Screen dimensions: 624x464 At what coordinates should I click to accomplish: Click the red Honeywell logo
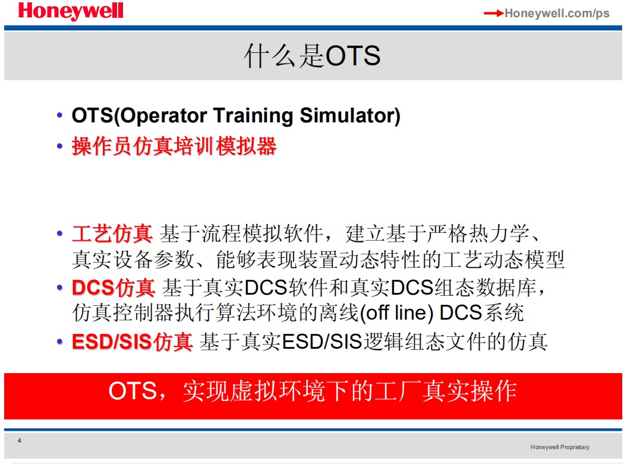point(71,11)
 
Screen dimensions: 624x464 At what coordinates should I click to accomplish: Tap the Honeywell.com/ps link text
point(557,13)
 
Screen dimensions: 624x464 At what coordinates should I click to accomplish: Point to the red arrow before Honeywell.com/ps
point(494,14)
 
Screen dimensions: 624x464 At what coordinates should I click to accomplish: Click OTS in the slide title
point(353,56)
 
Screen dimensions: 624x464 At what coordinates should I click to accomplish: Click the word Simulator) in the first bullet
point(350,116)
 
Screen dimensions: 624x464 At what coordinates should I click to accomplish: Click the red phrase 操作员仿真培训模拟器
point(174,146)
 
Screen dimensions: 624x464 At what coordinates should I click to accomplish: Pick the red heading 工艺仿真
point(112,233)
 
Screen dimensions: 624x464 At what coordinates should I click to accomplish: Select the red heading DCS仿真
point(114,288)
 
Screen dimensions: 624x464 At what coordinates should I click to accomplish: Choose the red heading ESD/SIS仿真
point(132,342)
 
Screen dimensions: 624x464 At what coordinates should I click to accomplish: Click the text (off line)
point(396,313)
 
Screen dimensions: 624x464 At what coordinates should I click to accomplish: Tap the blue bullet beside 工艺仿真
point(59,233)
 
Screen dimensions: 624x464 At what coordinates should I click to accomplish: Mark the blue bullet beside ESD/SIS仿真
point(59,342)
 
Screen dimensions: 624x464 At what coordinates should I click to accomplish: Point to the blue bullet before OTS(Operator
point(59,116)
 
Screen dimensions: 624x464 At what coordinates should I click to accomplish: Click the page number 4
point(19,440)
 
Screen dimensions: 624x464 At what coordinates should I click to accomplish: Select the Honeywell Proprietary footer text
point(560,447)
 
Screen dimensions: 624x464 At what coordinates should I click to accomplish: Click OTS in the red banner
point(133,391)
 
